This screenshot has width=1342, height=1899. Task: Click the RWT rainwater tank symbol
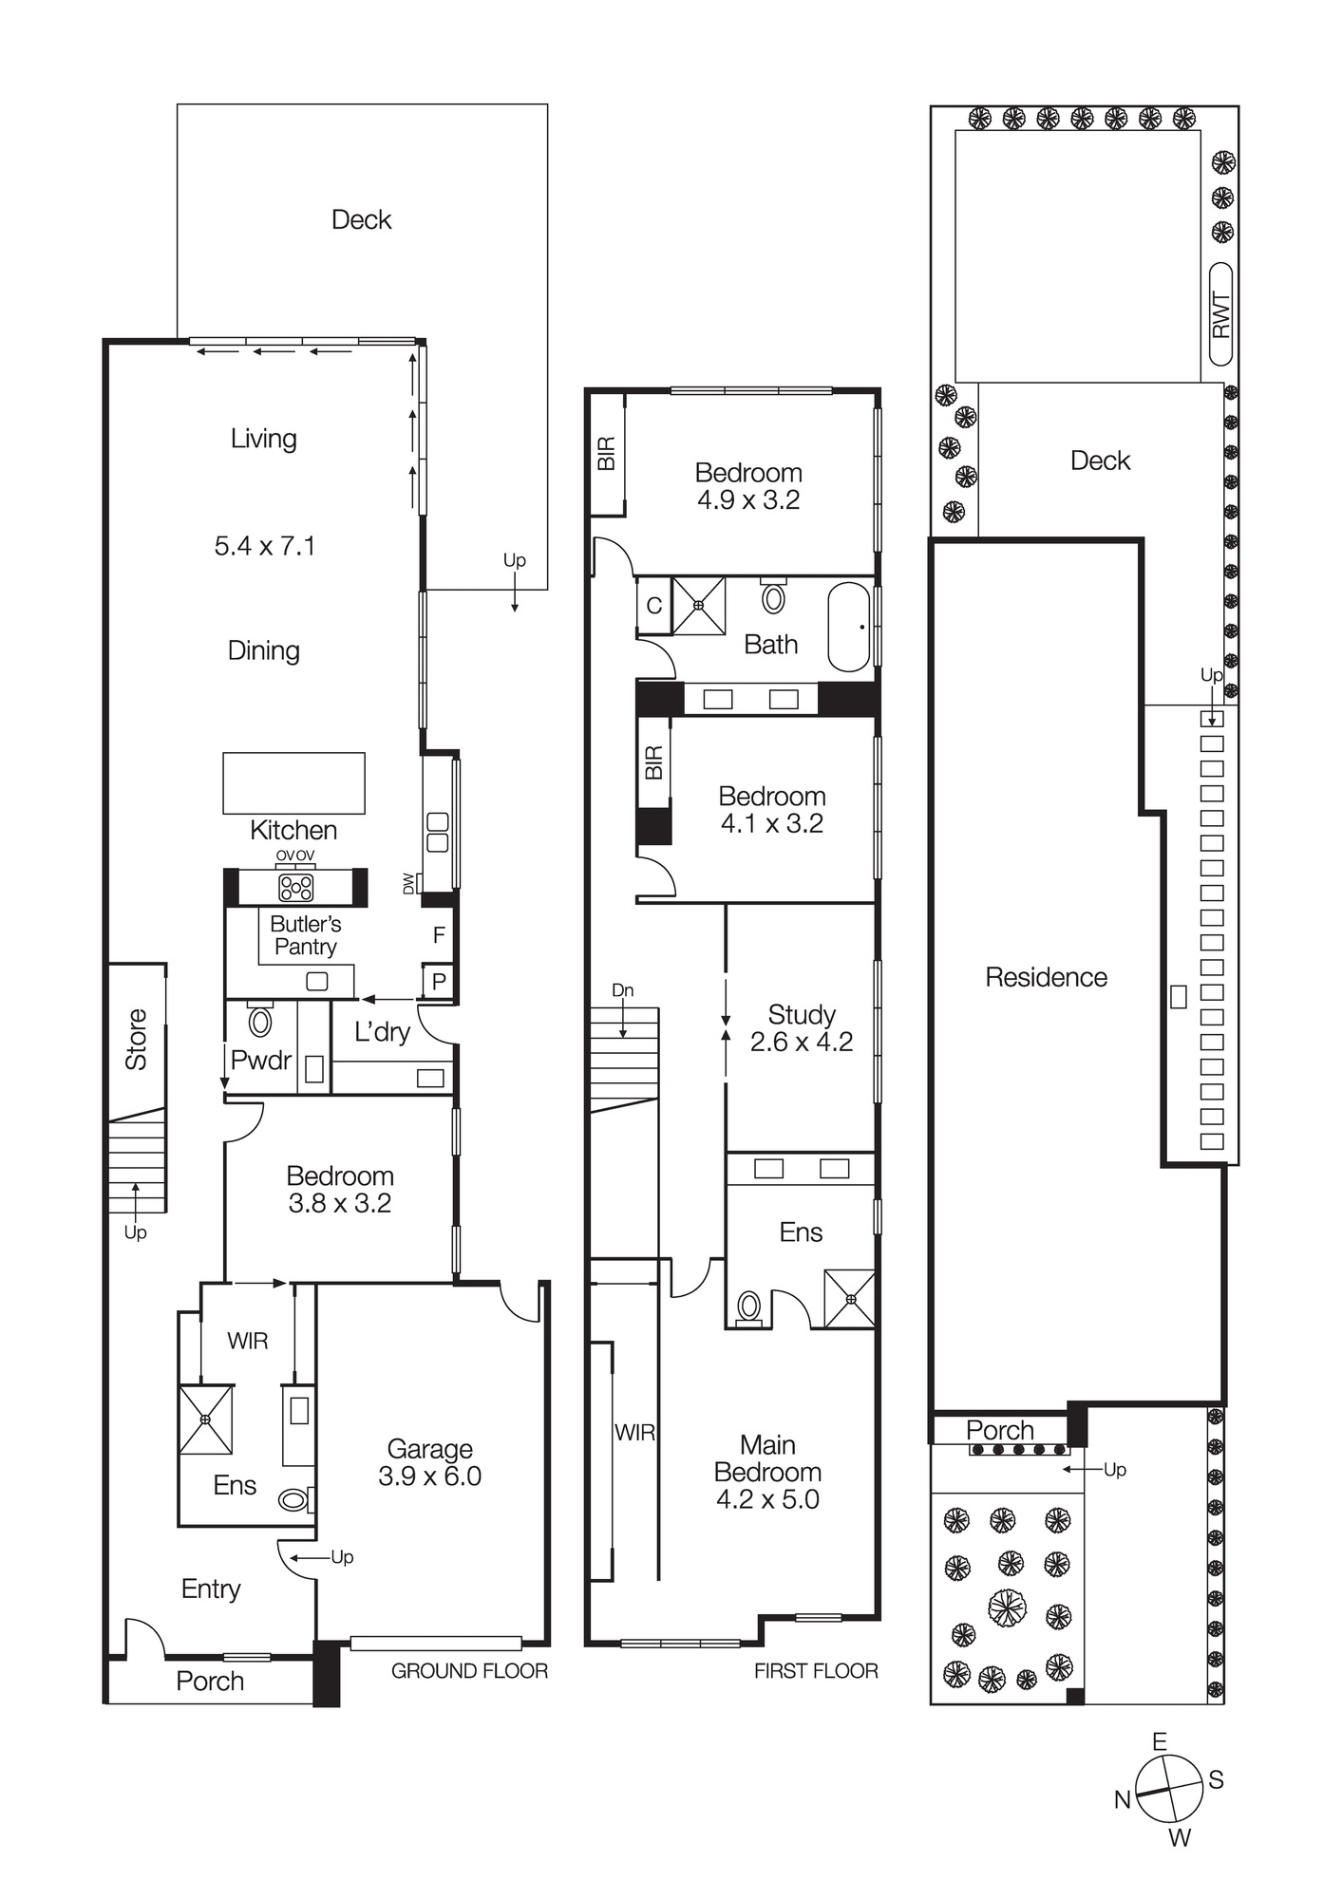pyautogui.click(x=1221, y=314)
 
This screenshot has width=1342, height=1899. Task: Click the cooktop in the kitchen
pyautogui.click(x=295, y=888)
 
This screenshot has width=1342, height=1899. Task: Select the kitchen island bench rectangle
pyautogui.click(x=293, y=783)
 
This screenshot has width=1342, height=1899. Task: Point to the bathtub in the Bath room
pyautogui.click(x=848, y=628)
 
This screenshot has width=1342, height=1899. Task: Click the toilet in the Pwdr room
pyautogui.click(x=259, y=1021)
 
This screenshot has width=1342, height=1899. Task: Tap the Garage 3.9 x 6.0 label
pyautogui.click(x=429, y=1462)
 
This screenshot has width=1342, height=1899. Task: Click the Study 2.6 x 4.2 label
pyautogui.click(x=801, y=1027)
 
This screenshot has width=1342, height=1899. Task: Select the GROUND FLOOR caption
pyautogui.click(x=469, y=1671)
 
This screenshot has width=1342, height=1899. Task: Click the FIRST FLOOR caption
pyautogui.click(x=816, y=1671)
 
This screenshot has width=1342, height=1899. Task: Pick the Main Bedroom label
pyautogui.click(x=767, y=1472)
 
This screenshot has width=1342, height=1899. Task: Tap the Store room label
pyautogui.click(x=137, y=1040)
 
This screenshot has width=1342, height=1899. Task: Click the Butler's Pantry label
pyautogui.click(x=305, y=935)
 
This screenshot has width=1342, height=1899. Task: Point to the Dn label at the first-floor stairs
pyautogui.click(x=622, y=990)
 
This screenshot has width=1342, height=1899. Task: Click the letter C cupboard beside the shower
pyautogui.click(x=653, y=605)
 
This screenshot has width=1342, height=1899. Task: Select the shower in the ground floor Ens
pyautogui.click(x=206, y=1419)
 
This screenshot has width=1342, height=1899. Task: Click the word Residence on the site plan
pyautogui.click(x=1046, y=977)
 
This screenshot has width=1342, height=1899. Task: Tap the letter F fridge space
pyautogui.click(x=439, y=935)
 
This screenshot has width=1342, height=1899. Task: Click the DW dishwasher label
pyautogui.click(x=409, y=884)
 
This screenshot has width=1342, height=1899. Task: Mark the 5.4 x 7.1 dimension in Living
pyautogui.click(x=264, y=546)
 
